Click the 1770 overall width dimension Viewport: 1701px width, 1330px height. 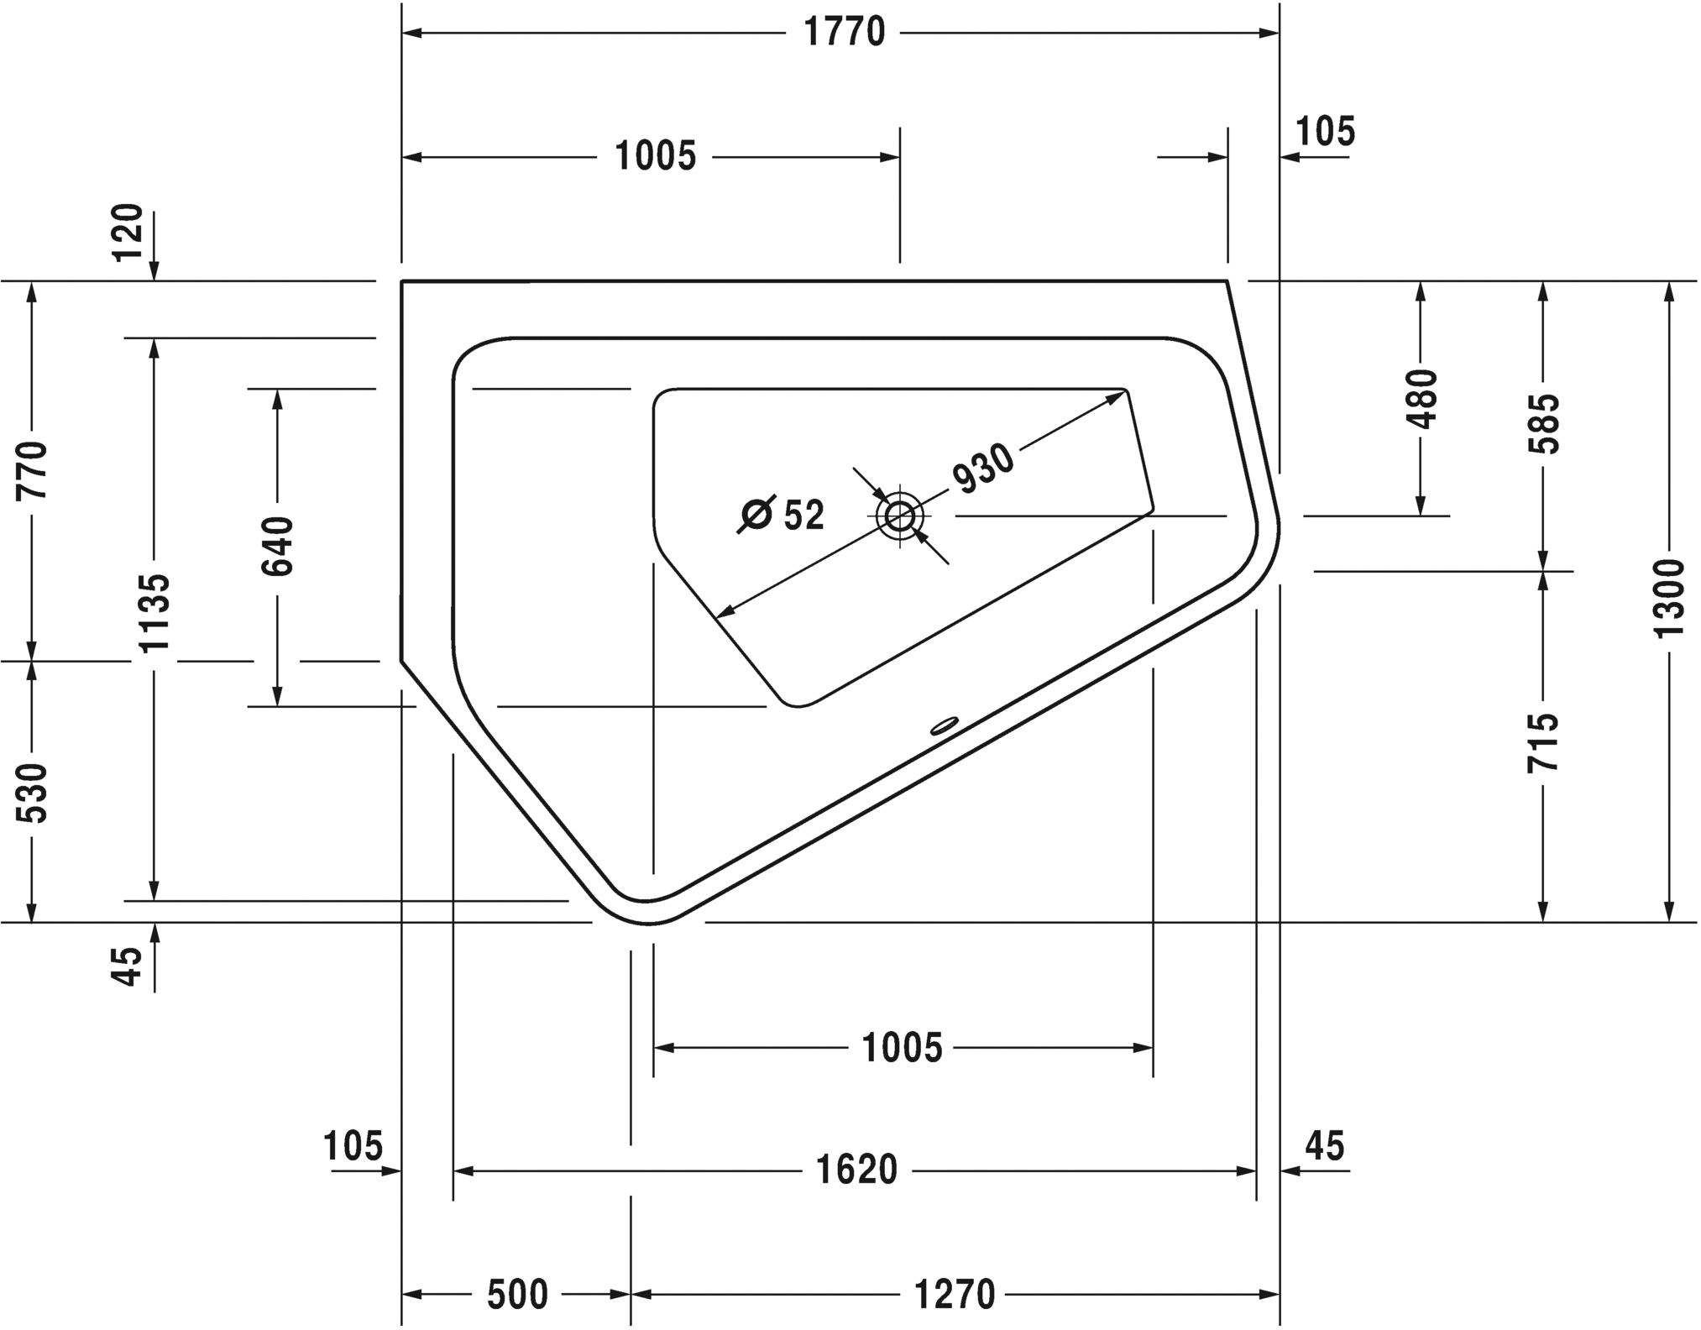844,33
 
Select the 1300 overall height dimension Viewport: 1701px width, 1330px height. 1670,599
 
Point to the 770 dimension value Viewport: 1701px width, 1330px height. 34,469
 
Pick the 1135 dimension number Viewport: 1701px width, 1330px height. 154,613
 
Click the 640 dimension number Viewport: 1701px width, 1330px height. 278,547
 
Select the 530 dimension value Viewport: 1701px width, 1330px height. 34,793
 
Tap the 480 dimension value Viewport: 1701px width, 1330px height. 1421,399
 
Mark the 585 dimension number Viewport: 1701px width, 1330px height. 1543,424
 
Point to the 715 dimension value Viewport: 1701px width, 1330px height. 1543,743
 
